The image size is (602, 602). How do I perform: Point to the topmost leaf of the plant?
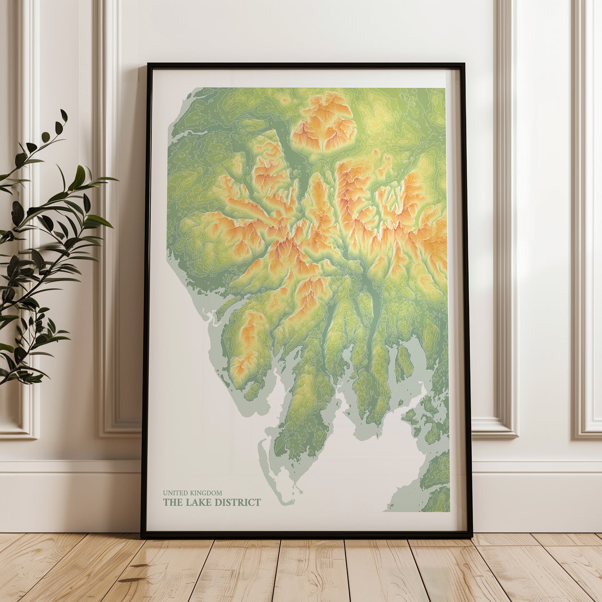tap(63, 115)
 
